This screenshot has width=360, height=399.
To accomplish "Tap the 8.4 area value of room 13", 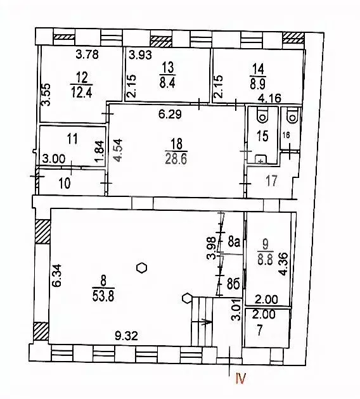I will [x=167, y=81].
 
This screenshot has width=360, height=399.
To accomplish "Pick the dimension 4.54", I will [x=117, y=153].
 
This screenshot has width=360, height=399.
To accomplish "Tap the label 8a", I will [x=233, y=241].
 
